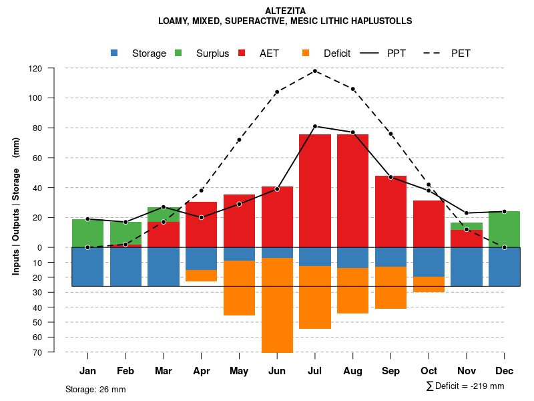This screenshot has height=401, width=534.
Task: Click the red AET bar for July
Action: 315,190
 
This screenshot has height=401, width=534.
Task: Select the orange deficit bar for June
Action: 277,305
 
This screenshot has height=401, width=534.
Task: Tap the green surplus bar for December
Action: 504,229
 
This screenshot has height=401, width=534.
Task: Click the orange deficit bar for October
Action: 429,284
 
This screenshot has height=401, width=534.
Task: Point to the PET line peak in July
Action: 315,71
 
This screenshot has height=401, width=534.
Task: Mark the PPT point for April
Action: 202,217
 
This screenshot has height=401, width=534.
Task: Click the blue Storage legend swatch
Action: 114,53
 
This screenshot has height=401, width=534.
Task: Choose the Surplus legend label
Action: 212,53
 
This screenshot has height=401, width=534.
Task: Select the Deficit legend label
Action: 337,53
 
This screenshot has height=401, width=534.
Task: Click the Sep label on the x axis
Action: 390,371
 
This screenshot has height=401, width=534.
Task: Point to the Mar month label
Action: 164,371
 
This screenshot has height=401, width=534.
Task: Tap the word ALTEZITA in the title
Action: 285,11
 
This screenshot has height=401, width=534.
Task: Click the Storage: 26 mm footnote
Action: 95,389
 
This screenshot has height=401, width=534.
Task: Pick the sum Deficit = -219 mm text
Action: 465,386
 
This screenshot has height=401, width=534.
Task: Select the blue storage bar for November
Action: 467,267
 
